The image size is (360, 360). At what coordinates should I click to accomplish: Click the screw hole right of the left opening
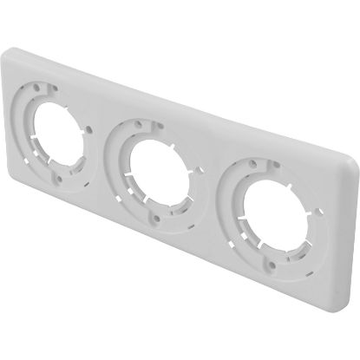pyautogui.click(x=90, y=129)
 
